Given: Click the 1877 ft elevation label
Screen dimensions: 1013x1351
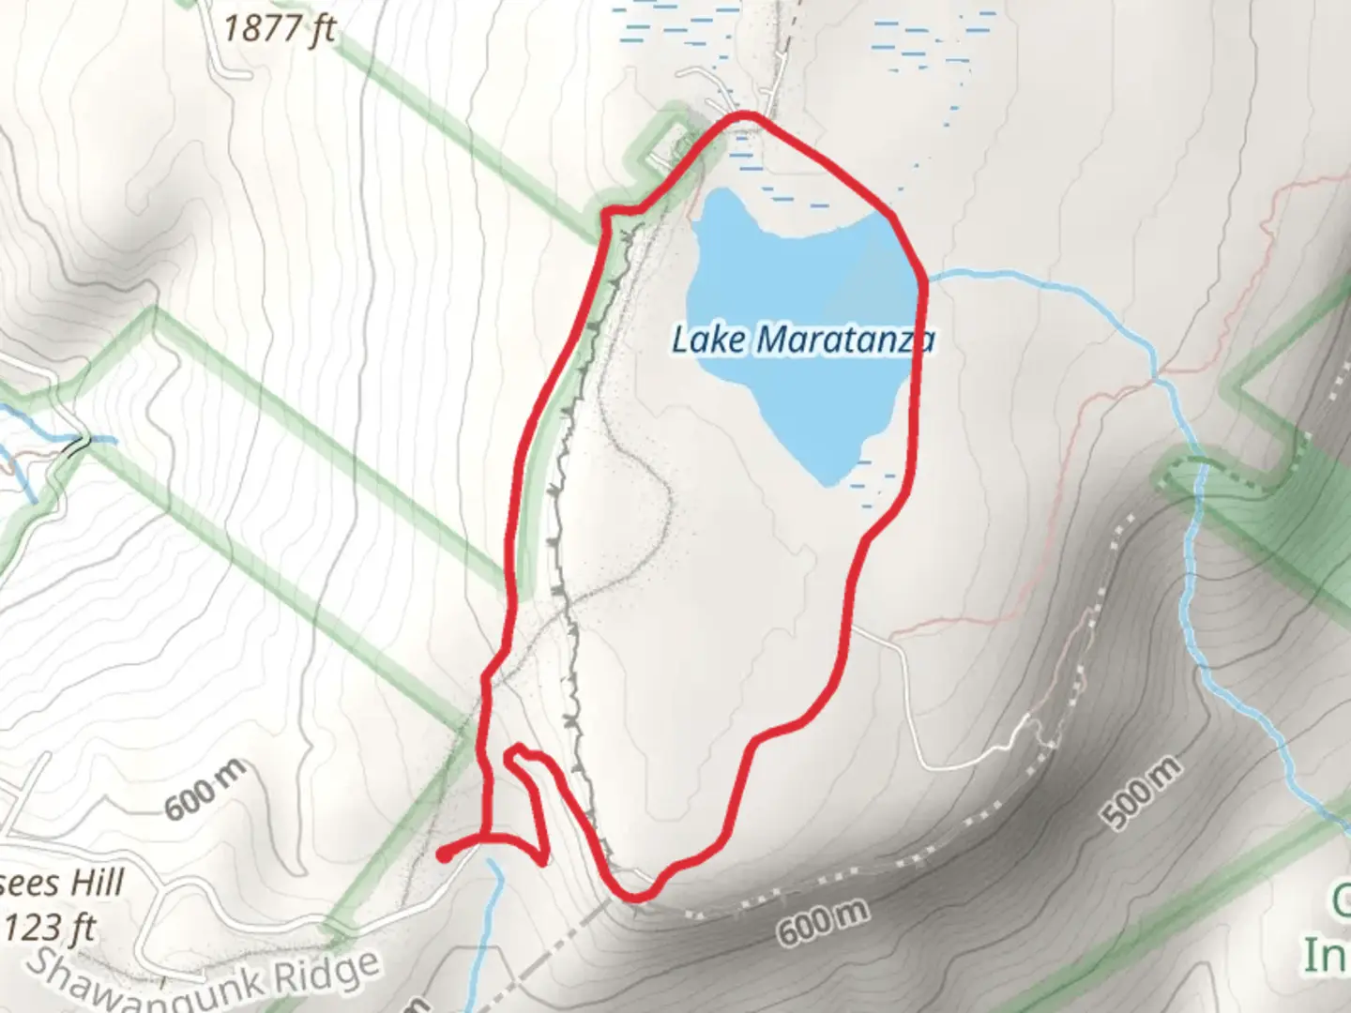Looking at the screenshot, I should point(279,30).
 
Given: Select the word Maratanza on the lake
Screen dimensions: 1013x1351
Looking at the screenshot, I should point(845,340).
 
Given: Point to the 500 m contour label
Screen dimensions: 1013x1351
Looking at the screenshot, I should point(1140,794).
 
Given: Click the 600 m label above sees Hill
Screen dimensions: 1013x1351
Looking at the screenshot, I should point(206,790).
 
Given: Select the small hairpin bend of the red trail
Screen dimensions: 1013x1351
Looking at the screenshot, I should point(514,752).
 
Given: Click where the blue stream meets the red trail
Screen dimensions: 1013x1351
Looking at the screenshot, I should point(925,278).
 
